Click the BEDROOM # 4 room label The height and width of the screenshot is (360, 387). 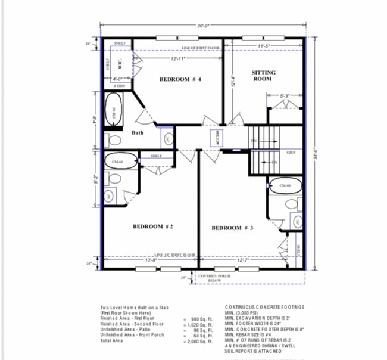point(182,79)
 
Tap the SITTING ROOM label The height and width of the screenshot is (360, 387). point(263,75)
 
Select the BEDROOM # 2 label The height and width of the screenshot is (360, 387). point(152,226)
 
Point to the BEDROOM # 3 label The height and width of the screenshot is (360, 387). point(232,228)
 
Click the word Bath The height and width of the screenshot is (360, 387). point(138,133)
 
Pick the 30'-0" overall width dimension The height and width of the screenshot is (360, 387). point(203,26)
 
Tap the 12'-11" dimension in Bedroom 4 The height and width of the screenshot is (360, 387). point(177,59)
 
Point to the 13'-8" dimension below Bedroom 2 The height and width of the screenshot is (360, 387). point(151,260)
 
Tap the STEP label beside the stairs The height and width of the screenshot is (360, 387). point(291,153)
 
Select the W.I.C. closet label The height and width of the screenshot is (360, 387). point(120,64)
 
